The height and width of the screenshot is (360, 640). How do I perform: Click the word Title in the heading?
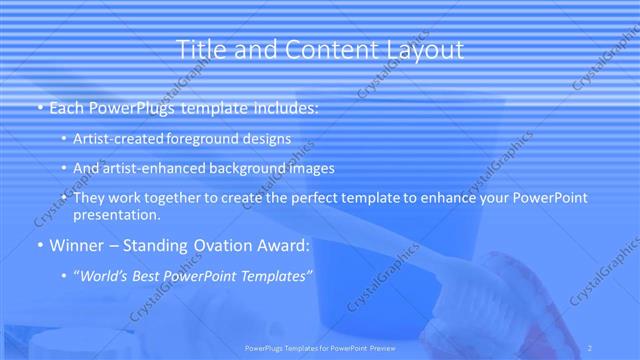coord(200,50)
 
